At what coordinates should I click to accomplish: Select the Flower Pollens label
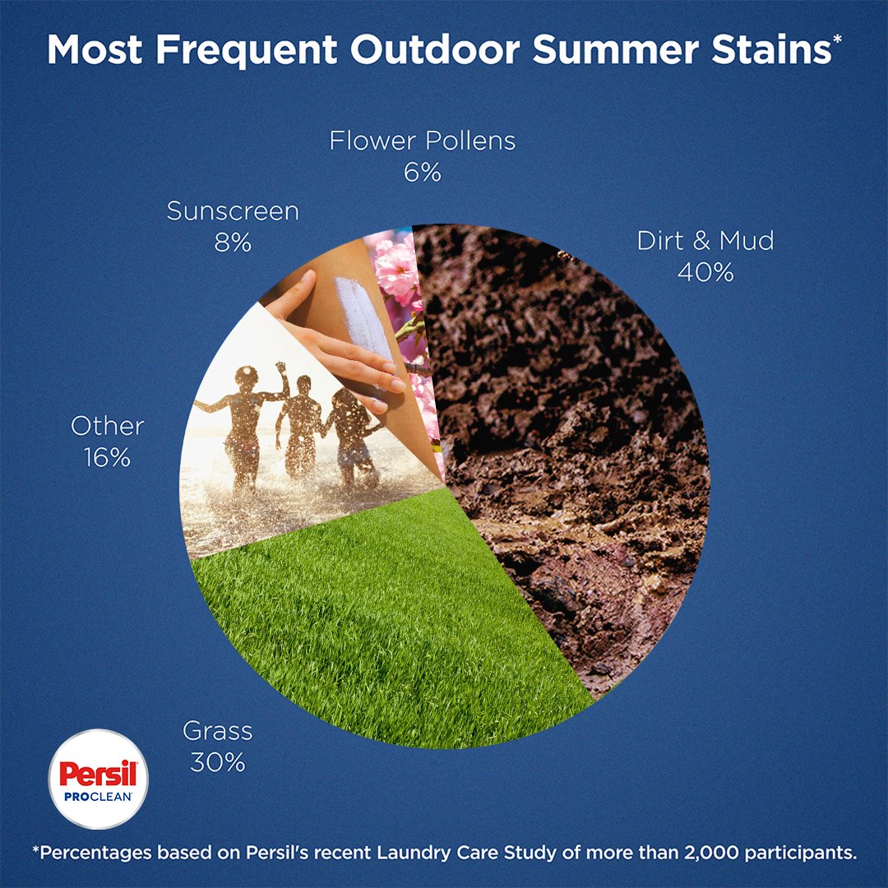coord(423,141)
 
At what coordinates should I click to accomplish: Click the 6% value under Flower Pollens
coord(423,173)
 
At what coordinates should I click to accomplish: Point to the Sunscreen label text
coord(233,211)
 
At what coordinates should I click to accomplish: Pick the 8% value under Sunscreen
coord(233,243)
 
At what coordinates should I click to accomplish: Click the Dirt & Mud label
coord(705,241)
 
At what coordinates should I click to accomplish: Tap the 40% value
coord(705,273)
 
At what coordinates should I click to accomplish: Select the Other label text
coord(107,426)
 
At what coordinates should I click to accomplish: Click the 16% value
coord(107,458)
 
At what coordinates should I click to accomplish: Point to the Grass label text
coord(217,730)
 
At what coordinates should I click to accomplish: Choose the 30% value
coord(217,762)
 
